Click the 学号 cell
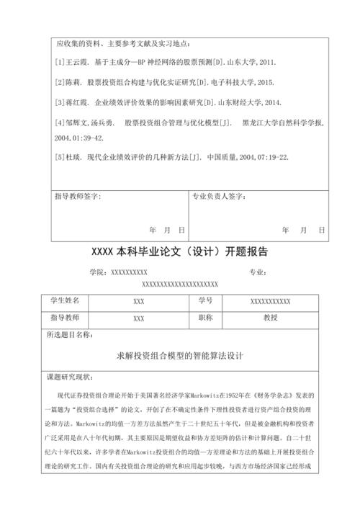204,300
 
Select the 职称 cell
204,318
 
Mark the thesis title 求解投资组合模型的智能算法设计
181,356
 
